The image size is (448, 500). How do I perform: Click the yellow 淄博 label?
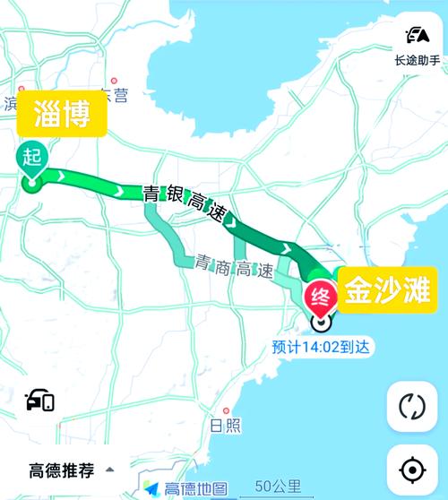tap(62, 114)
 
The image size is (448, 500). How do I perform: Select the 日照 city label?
tap(225, 426)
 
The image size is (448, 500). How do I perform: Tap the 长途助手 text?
tap(418, 61)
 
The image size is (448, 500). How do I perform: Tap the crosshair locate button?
tap(411, 469)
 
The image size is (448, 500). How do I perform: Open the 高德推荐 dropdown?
tap(63, 469)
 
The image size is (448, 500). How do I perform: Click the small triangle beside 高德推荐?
tap(110, 469)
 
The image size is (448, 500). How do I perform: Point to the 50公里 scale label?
tap(278, 487)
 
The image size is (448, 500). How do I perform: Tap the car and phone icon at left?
tap(40, 401)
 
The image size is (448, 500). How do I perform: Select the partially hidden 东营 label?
tap(116, 91)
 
